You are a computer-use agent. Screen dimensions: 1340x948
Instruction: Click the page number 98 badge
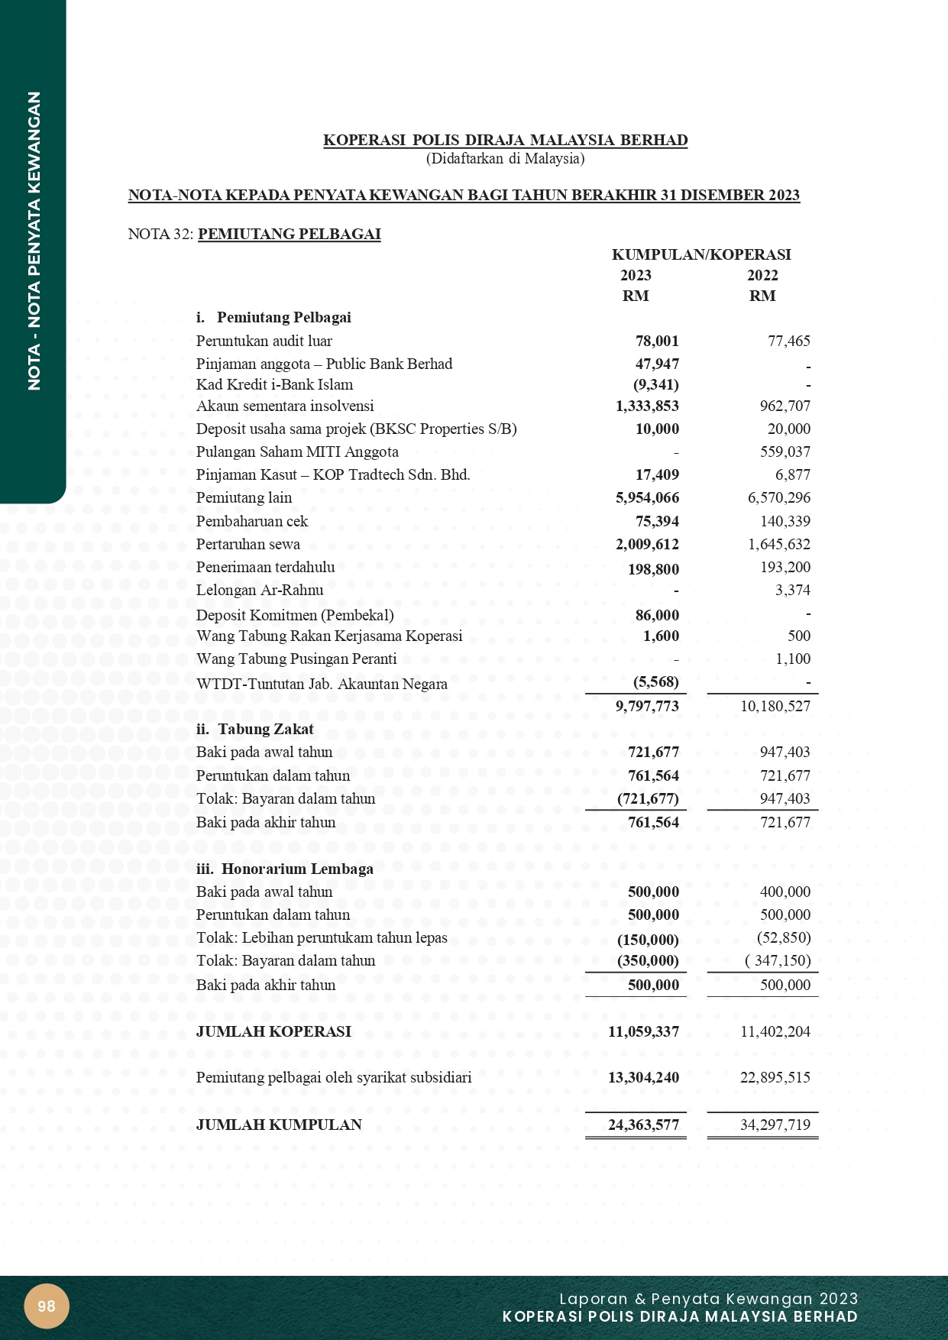tap(47, 1306)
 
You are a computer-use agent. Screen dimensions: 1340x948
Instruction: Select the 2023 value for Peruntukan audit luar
tap(657, 341)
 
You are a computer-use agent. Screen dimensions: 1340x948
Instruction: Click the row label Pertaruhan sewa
tap(248, 545)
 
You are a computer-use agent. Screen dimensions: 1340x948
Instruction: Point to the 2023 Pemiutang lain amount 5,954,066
tap(647, 498)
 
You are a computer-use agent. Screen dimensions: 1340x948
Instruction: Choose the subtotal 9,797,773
tap(647, 707)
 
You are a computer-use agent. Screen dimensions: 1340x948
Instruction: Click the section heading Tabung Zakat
tap(265, 730)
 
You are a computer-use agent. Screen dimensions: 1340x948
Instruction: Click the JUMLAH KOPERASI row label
tap(274, 1031)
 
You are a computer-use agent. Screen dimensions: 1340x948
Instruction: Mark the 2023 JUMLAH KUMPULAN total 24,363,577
tap(643, 1125)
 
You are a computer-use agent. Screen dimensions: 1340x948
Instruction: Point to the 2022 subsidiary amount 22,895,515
tap(775, 1078)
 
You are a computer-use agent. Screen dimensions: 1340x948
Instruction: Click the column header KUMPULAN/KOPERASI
tap(701, 254)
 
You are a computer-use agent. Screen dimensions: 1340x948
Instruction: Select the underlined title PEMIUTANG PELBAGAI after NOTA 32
tap(290, 235)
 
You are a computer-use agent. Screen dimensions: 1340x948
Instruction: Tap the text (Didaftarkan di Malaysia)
tap(505, 159)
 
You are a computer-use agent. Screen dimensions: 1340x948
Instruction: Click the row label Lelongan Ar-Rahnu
tap(260, 591)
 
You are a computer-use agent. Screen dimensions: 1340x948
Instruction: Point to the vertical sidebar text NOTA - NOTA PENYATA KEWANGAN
tap(34, 241)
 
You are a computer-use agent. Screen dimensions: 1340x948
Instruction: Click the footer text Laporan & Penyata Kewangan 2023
tap(708, 1299)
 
